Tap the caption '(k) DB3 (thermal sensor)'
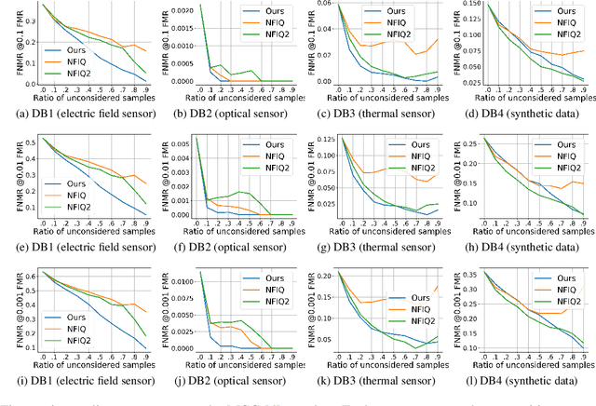[372, 380]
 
